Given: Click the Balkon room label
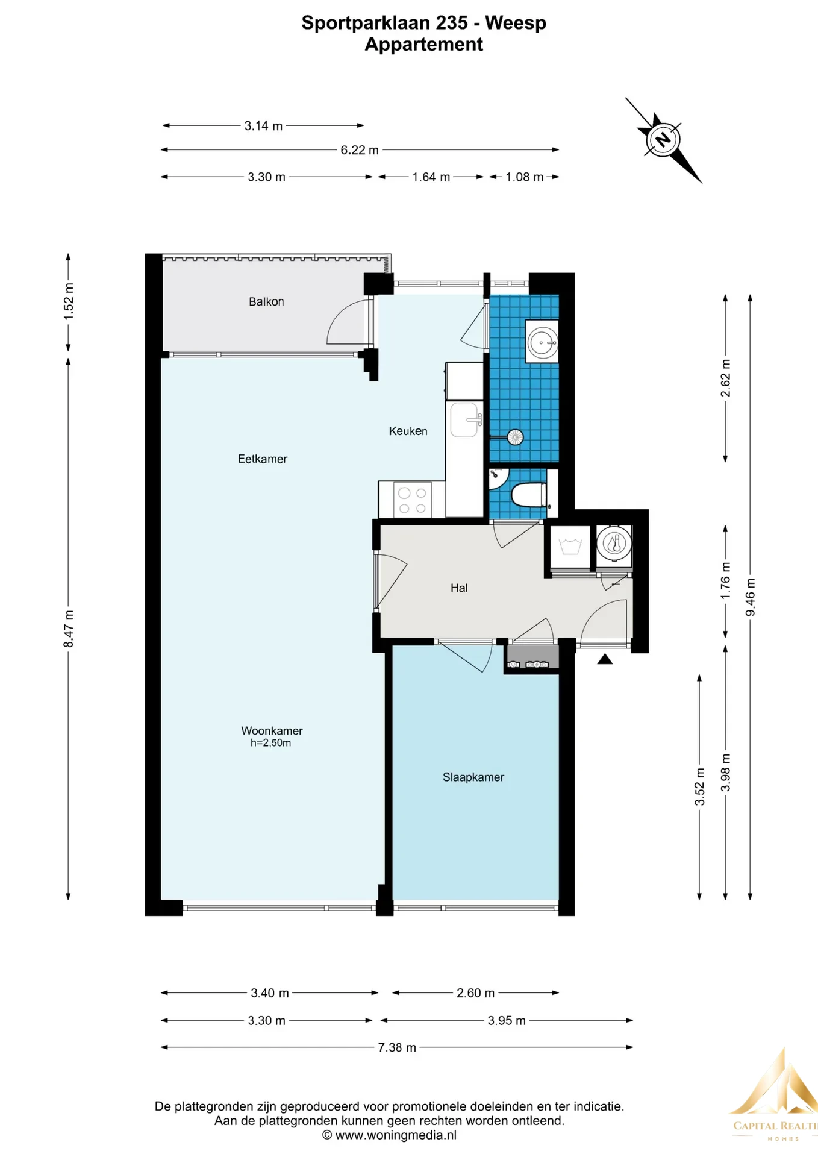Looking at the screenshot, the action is click(266, 301).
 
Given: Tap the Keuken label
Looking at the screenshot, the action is click(408, 431).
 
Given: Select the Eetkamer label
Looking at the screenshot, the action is click(262, 459).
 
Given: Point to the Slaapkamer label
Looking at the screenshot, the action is click(473, 777).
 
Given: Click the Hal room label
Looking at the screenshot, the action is click(459, 588).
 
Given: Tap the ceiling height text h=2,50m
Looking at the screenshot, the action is click(270, 743).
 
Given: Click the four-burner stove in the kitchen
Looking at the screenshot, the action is click(412, 500).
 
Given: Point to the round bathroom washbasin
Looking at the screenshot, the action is click(542, 342).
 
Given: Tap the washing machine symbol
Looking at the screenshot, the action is click(570, 547).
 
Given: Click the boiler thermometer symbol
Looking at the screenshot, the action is click(614, 544).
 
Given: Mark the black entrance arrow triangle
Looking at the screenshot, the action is click(605, 659).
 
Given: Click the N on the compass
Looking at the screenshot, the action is click(663, 139).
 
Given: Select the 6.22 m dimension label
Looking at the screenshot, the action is click(360, 150).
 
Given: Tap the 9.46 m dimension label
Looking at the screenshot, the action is click(750, 597).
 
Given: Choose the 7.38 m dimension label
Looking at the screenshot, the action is click(397, 1047).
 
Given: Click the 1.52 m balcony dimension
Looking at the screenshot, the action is click(69, 301).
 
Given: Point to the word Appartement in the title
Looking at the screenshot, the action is click(424, 44).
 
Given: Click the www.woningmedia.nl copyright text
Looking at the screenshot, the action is click(389, 1135).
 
